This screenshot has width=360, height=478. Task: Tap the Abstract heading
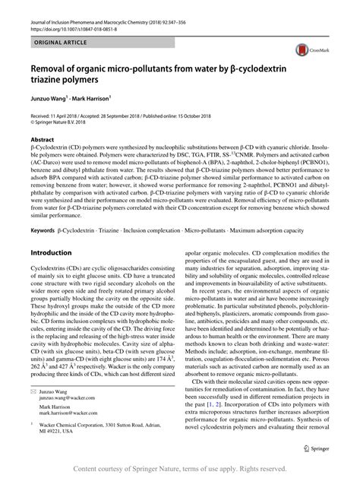[41, 140]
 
